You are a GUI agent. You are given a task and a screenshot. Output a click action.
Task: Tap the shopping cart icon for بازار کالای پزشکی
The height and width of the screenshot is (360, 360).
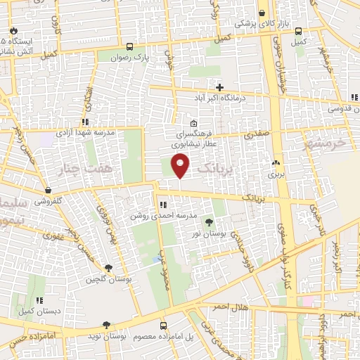262,12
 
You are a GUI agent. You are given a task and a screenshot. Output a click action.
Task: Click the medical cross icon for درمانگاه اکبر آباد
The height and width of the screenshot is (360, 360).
220,88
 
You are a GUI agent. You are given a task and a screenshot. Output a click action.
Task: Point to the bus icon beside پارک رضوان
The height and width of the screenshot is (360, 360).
129,47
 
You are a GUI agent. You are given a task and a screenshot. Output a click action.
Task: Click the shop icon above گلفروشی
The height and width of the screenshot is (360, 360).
47,190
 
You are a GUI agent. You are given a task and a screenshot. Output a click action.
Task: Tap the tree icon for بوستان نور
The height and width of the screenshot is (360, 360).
207,222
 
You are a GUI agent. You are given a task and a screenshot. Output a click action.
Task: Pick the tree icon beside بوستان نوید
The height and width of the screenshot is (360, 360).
105,326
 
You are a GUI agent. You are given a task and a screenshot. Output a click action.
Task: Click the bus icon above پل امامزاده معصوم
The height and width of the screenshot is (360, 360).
163,326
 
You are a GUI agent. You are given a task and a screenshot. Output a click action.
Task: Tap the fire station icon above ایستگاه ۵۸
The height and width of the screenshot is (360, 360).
13,31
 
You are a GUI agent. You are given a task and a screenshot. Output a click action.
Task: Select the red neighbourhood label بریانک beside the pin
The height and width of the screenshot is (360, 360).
213,169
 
